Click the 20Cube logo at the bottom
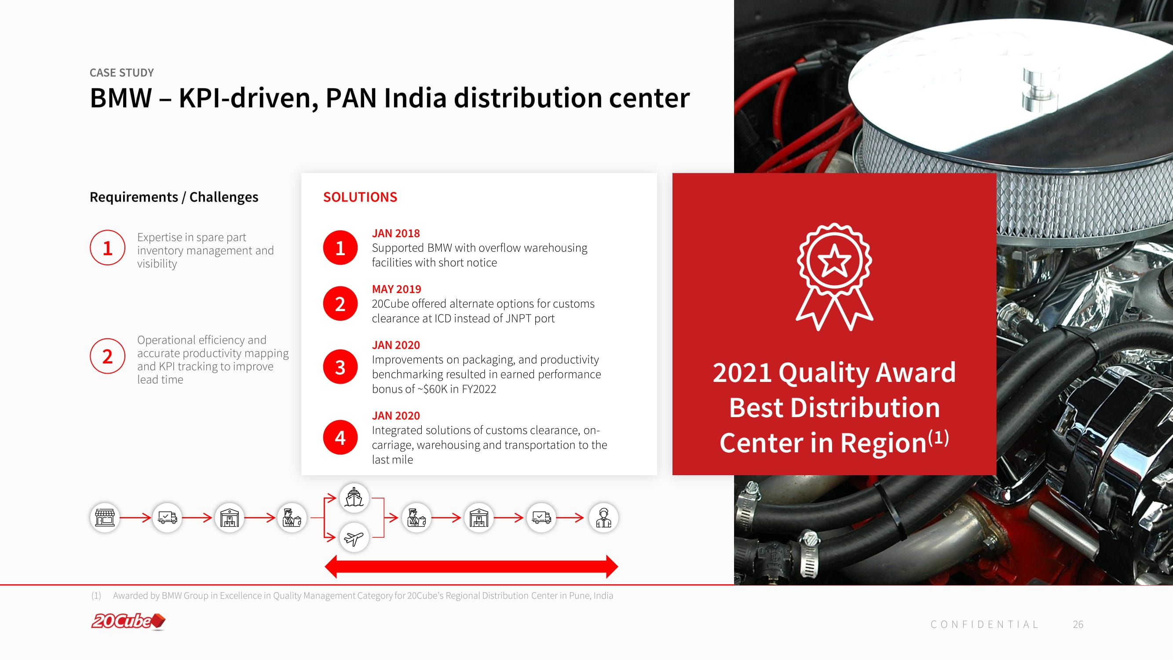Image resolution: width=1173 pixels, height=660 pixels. (x=128, y=621)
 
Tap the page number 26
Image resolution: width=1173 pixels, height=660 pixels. (x=1078, y=624)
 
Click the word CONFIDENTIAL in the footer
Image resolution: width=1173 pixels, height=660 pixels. (x=984, y=624)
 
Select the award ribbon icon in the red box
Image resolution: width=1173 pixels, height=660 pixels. (x=834, y=277)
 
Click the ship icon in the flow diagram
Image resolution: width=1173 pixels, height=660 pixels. (x=354, y=498)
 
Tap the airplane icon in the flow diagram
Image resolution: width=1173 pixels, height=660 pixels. (x=354, y=538)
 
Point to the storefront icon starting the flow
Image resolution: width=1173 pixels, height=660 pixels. (x=105, y=518)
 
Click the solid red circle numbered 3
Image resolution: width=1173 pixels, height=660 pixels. (x=340, y=367)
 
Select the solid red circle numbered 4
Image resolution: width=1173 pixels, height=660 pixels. (x=340, y=437)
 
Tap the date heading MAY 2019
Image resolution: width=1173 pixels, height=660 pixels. (x=396, y=289)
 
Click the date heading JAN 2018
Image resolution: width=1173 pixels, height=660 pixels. (x=396, y=233)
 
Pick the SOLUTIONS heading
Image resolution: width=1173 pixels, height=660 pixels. (x=360, y=197)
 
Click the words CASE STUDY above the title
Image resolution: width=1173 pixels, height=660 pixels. (x=121, y=73)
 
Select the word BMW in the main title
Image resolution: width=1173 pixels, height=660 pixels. (x=121, y=98)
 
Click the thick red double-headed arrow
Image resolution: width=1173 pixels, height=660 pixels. (x=471, y=567)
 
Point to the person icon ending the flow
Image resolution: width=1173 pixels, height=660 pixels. (x=603, y=518)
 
